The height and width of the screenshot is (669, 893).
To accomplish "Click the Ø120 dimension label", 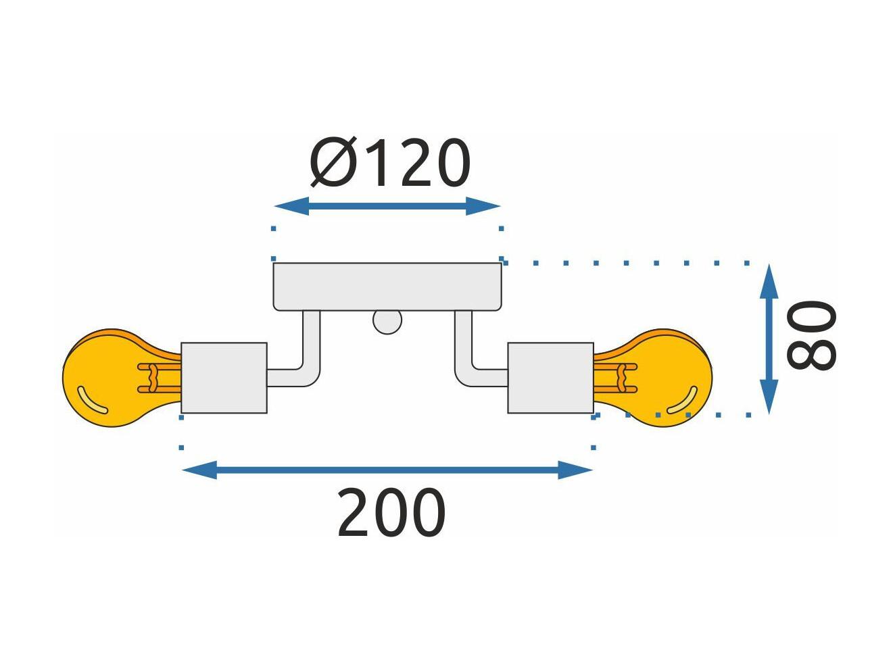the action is pos(390,162).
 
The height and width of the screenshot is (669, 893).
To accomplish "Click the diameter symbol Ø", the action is pos(333,162).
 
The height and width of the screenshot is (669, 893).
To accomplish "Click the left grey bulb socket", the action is pos(224,378).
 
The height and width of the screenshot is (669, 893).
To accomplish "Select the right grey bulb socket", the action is pos(550,378).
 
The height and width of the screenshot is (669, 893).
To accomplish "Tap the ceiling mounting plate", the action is pos(387,287).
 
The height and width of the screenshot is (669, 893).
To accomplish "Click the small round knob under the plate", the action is pos(387,323).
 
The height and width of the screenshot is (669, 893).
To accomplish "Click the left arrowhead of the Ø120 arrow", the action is pos(291,206).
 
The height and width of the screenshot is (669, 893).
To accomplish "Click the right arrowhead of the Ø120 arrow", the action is pos(483,206).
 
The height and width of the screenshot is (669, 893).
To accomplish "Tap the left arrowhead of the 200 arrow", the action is pos(199,470).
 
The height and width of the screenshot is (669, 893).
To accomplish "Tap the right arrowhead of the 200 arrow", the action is pos(575,470).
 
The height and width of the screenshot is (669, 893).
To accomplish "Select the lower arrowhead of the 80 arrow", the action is pos(769,397).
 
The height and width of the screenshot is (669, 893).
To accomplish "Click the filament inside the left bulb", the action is pos(160,378).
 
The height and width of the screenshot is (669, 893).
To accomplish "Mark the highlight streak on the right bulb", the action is pos(683,401).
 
